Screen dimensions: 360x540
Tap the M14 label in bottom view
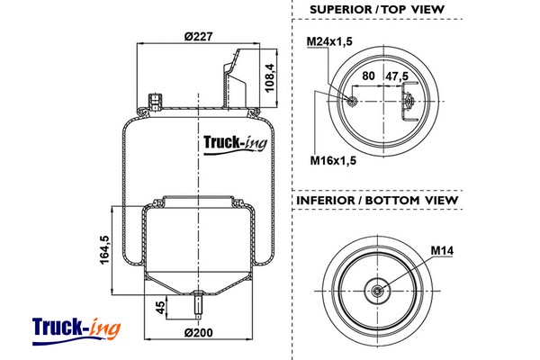[441, 249]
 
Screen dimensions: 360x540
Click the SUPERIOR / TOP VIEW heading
[377, 10]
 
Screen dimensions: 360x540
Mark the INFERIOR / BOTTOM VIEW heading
[377, 200]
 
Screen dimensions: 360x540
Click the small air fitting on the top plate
[154, 98]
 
